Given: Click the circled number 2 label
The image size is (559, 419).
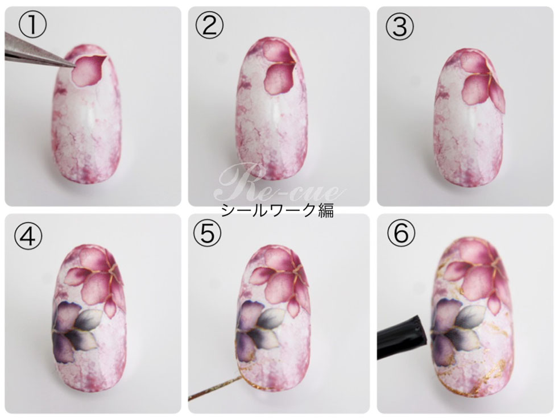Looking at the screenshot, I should [x=209, y=26].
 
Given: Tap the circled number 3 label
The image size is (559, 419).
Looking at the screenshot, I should [x=399, y=26].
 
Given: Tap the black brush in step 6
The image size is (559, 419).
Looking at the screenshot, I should [x=401, y=339].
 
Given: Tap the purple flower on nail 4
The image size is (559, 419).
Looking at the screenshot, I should [x=77, y=333].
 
